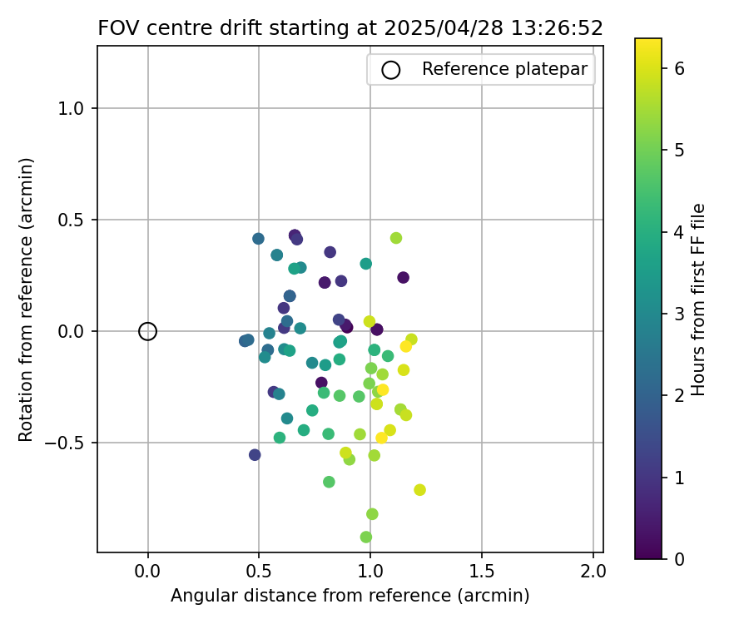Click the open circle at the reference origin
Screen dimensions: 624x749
147,331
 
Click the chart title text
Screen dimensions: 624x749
350,27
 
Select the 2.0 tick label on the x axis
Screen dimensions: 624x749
593,572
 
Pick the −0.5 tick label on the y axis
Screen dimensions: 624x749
71,443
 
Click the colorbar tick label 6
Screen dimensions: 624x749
678,68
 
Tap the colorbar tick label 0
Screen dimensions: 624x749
678,558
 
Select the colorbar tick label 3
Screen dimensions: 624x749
678,314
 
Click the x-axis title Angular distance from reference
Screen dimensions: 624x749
350,596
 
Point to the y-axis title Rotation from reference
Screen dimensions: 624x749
26,300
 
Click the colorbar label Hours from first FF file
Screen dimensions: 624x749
698,300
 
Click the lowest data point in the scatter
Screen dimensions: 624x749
366,537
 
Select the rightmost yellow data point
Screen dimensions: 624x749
419,489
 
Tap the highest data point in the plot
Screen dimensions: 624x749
295,235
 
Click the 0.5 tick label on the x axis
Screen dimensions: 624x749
259,572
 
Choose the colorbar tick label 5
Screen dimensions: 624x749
678,150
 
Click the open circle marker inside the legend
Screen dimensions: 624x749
391,70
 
